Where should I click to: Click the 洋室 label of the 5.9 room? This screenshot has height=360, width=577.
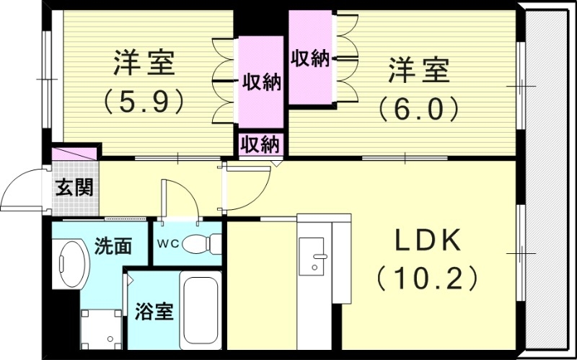pyautogui.click(x=144, y=63)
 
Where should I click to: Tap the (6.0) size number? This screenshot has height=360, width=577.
pyautogui.click(x=419, y=108)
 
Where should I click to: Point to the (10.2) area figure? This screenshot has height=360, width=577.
pyautogui.click(x=427, y=278)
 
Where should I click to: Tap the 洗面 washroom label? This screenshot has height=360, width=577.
pyautogui.click(x=113, y=245)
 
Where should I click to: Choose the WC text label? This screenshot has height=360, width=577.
pyautogui.click(x=165, y=242)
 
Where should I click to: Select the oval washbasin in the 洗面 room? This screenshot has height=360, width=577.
pyautogui.click(x=71, y=263)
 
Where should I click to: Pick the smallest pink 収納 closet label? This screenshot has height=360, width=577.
pyautogui.click(x=260, y=144)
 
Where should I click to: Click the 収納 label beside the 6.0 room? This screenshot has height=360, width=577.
pyautogui.click(x=310, y=58)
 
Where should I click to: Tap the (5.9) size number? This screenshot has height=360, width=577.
pyautogui.click(x=144, y=101)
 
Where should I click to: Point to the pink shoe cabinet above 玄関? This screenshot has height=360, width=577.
pyautogui.click(x=74, y=155)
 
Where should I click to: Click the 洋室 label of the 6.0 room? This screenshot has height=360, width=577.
pyautogui.click(x=419, y=71)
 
